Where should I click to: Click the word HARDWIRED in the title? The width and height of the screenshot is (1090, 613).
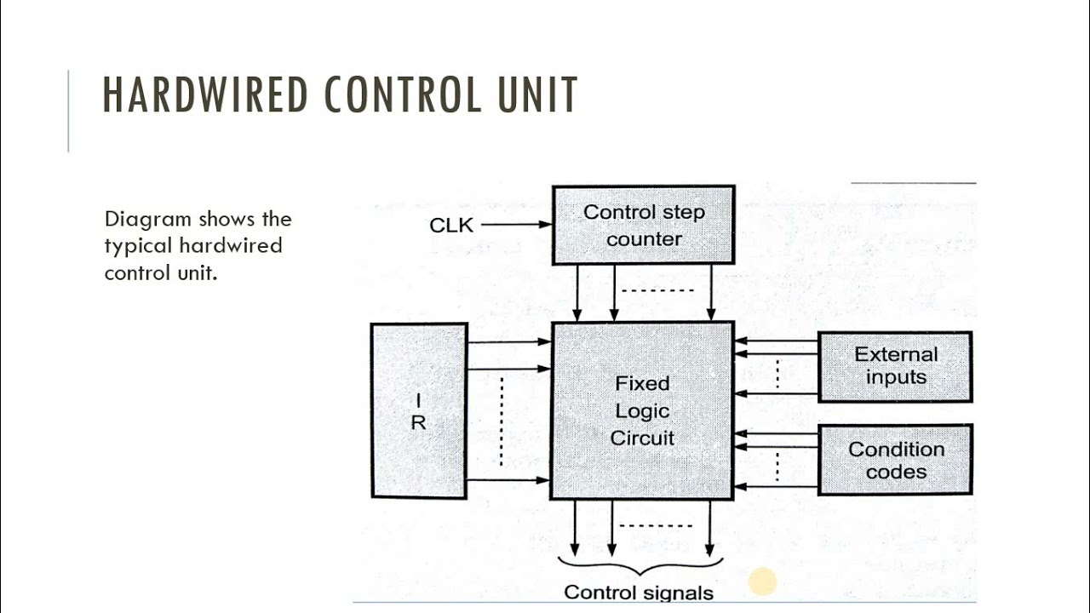(205, 95)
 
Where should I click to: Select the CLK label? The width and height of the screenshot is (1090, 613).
(451, 226)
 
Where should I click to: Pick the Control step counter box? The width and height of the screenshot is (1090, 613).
(643, 225)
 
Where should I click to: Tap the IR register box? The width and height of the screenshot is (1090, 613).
(418, 410)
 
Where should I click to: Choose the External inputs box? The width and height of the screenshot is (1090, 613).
(895, 366)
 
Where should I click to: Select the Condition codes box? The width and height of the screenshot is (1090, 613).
(895, 460)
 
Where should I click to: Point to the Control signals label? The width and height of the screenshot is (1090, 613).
(639, 593)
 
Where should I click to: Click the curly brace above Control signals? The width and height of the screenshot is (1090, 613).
(640, 566)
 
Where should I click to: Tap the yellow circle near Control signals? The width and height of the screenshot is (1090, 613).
(762, 582)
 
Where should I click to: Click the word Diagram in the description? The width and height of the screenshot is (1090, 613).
(148, 220)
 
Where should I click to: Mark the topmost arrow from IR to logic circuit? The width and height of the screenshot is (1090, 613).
(509, 341)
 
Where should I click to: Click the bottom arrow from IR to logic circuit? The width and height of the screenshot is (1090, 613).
(509, 480)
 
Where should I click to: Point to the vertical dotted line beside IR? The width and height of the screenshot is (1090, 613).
(502, 421)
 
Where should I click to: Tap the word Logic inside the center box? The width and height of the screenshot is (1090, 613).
(642, 411)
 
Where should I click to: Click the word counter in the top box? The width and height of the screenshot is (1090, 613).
(644, 239)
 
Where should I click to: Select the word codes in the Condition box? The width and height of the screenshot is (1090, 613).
(896, 472)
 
